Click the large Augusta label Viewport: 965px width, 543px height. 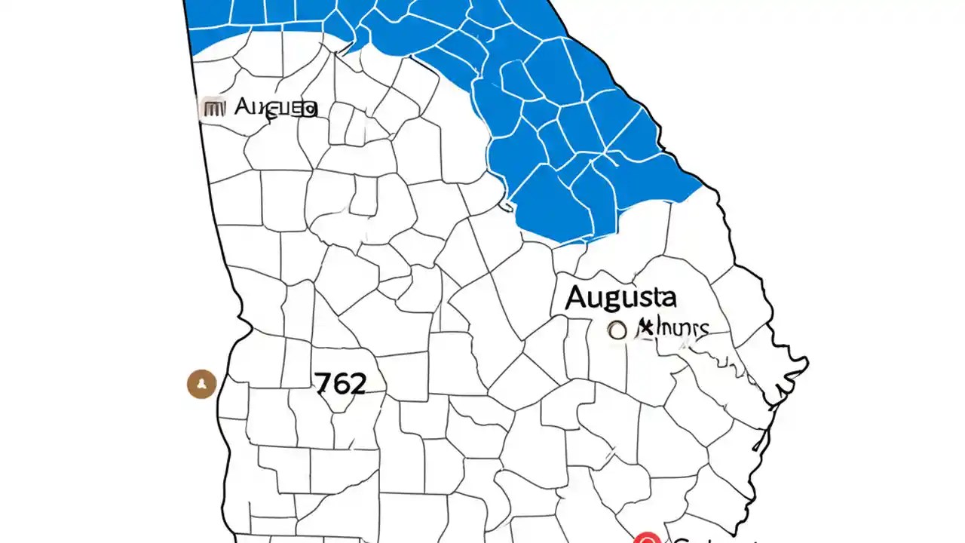click(x=620, y=298)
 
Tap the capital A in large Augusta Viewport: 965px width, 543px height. click(x=577, y=297)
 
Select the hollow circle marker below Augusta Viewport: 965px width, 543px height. click(x=617, y=330)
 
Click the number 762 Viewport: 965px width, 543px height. click(x=340, y=384)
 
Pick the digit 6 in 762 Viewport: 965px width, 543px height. click(x=339, y=384)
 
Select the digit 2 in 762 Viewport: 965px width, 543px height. click(x=357, y=384)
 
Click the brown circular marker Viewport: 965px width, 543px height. click(x=201, y=384)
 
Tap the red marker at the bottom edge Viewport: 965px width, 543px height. click(x=647, y=538)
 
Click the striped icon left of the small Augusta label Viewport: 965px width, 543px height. click(x=214, y=108)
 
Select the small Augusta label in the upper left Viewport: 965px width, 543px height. click(x=276, y=108)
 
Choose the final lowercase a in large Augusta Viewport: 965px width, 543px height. click(x=668, y=298)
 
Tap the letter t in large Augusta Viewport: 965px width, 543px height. click(x=654, y=297)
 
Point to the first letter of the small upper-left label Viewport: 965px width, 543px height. click(x=243, y=107)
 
